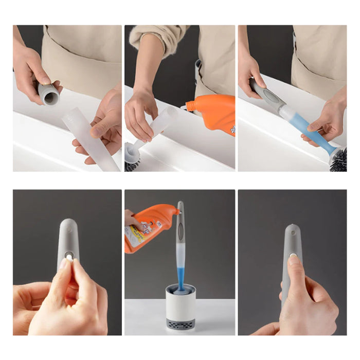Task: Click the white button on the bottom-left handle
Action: (x=69, y=255)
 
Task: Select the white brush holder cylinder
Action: (x=179, y=303)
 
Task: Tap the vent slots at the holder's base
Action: (x=179, y=326)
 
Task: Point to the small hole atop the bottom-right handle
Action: (x=293, y=232)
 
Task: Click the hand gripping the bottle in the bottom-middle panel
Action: (x=133, y=220)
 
